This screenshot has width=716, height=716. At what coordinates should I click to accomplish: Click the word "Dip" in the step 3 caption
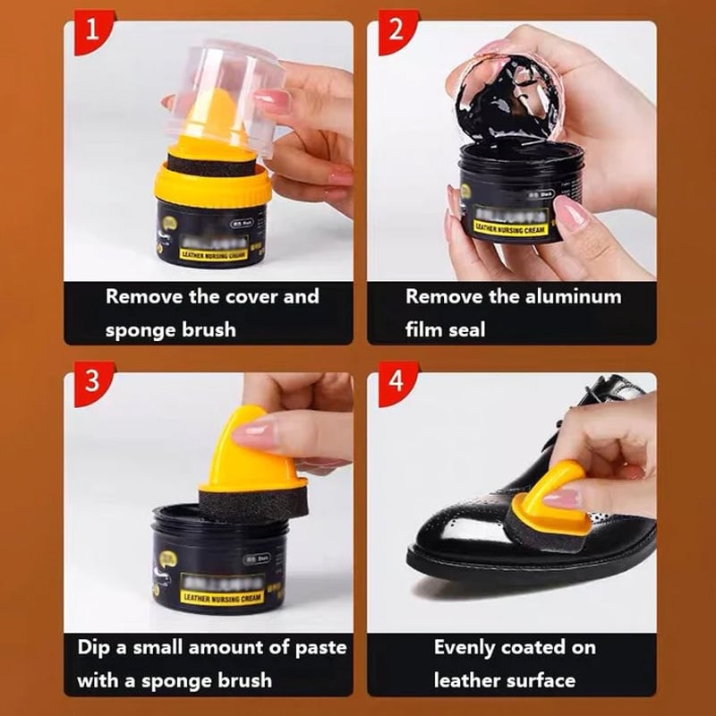[97, 646]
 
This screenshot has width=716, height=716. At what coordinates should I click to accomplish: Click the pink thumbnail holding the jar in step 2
[570, 214]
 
